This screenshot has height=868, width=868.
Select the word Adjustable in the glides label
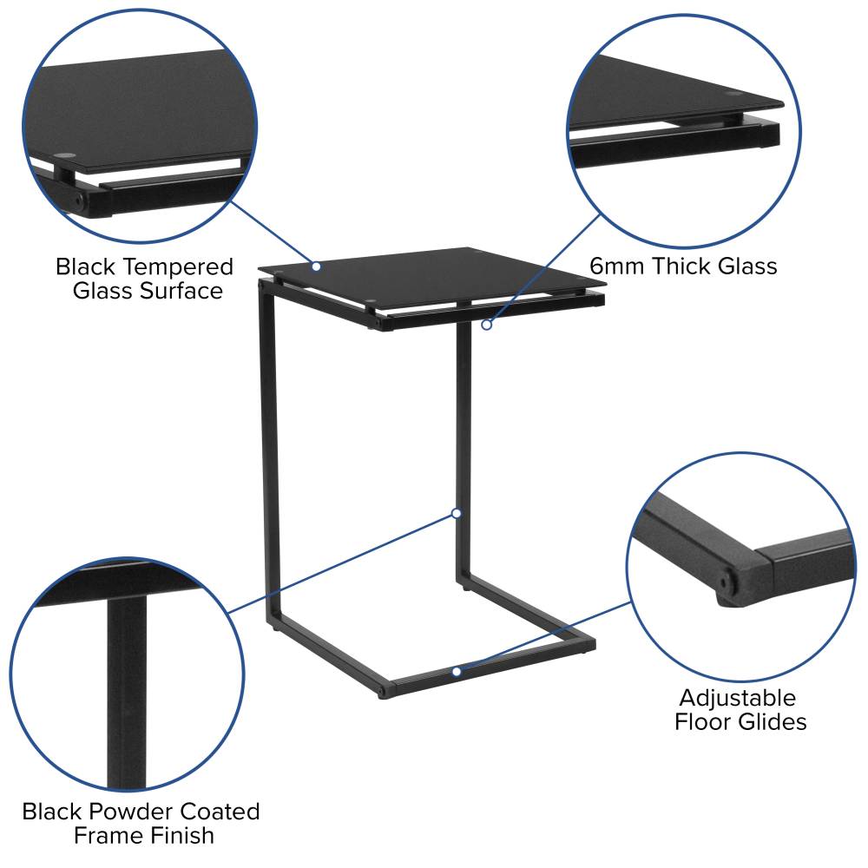[738, 699]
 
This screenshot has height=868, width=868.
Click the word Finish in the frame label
[181, 835]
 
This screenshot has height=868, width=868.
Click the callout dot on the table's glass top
[316, 266]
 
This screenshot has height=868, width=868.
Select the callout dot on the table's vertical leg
[457, 514]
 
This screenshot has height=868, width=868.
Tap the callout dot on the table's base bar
[457, 672]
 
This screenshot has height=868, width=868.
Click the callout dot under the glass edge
[487, 325]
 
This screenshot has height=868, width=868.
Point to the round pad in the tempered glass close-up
[65, 155]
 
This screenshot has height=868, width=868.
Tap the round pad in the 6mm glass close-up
[734, 94]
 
